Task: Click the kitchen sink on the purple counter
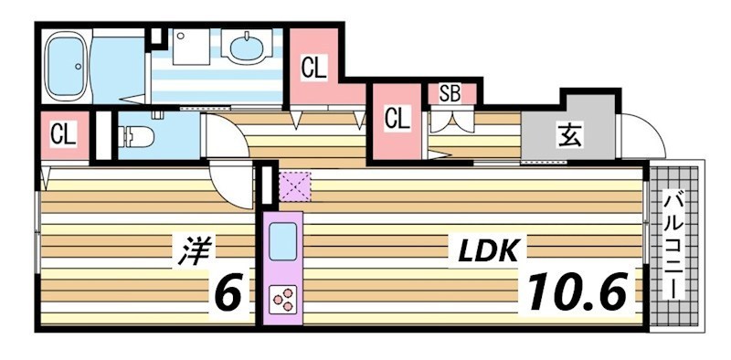pyautogui.click(x=281, y=242)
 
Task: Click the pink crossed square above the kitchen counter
pyautogui.click(x=295, y=187)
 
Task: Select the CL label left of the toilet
pyautogui.click(x=62, y=136)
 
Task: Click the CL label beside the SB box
pyautogui.click(x=397, y=118)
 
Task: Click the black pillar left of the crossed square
pyautogui.click(x=267, y=185)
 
